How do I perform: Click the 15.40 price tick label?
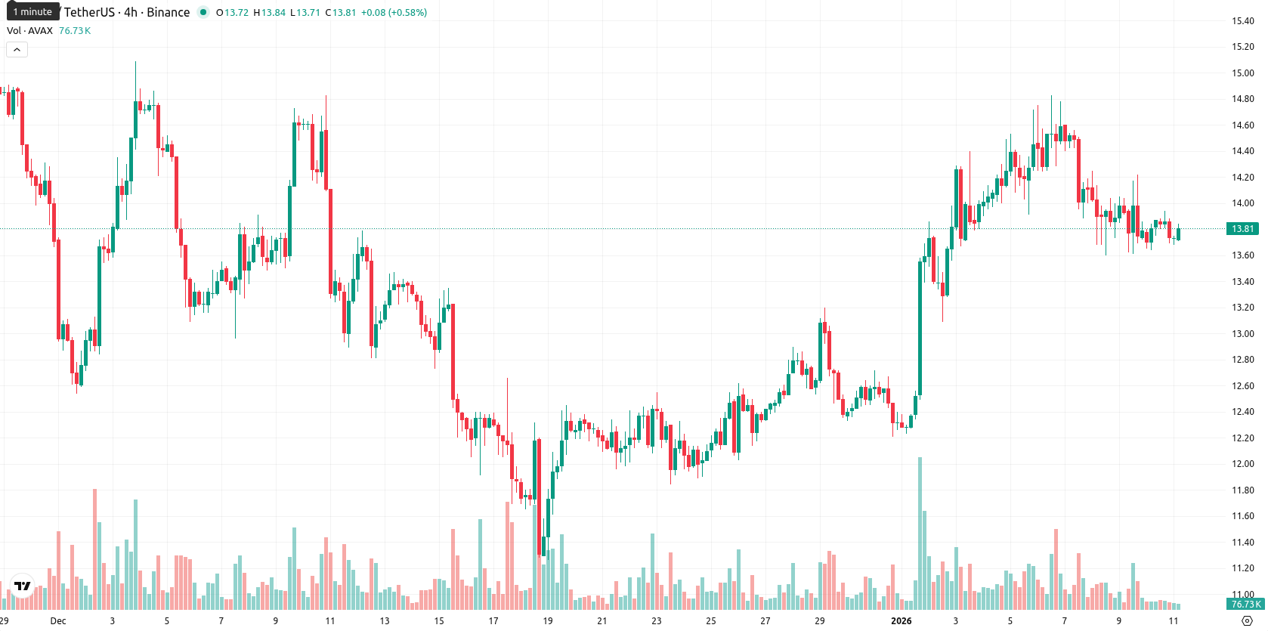(1242, 21)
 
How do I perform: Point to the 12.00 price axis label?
(1242, 464)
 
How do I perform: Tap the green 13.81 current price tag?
(1242, 229)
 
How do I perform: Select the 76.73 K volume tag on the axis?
(1245, 605)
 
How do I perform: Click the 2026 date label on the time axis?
(902, 621)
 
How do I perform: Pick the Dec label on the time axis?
(57, 621)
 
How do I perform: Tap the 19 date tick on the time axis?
(547, 621)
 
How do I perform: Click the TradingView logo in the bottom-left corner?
(23, 586)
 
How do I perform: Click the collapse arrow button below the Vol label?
(17, 50)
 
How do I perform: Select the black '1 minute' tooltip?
(32, 11)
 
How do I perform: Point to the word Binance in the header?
(168, 12)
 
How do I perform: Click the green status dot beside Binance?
(203, 12)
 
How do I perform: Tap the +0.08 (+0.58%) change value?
(394, 12)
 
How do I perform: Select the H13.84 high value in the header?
(270, 12)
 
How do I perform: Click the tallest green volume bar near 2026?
(920, 533)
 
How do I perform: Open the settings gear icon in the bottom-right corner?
(1247, 621)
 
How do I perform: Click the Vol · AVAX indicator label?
(29, 30)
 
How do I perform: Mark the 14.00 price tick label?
(1242, 203)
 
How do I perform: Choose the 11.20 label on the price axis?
(1242, 568)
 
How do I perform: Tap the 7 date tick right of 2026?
(1064, 621)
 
